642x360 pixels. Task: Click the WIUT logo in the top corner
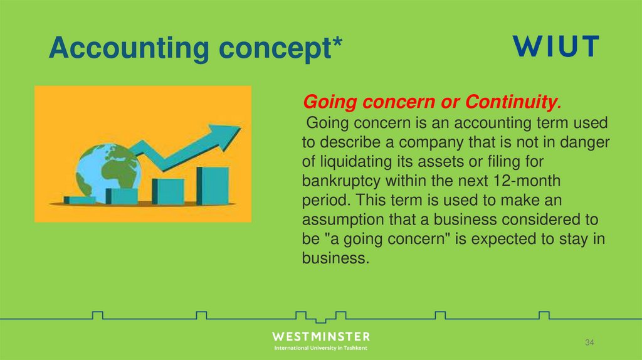pos(556,47)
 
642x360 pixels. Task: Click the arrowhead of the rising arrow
pos(226,134)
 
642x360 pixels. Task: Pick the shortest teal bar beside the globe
pos(80,200)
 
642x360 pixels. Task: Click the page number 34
pos(589,342)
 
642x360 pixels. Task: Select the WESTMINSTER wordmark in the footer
pos(321,337)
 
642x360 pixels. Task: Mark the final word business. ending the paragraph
pos(333,258)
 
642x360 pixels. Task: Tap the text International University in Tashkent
pos(321,348)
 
